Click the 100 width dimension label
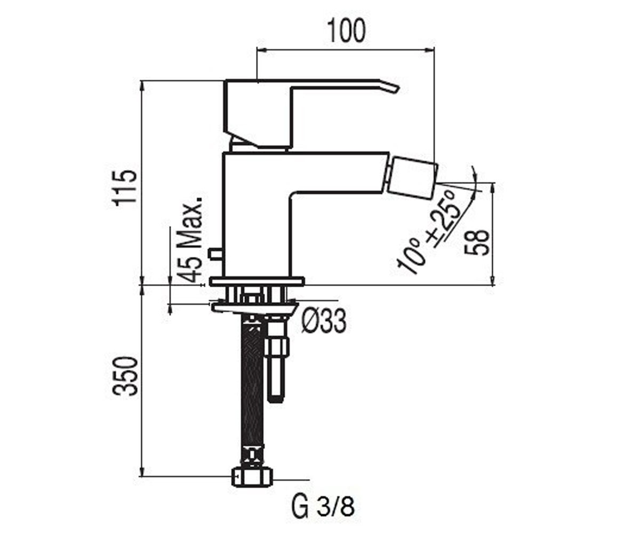click(347, 30)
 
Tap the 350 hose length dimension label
click(125, 376)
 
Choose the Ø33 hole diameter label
click(324, 321)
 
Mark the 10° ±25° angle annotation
click(429, 231)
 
